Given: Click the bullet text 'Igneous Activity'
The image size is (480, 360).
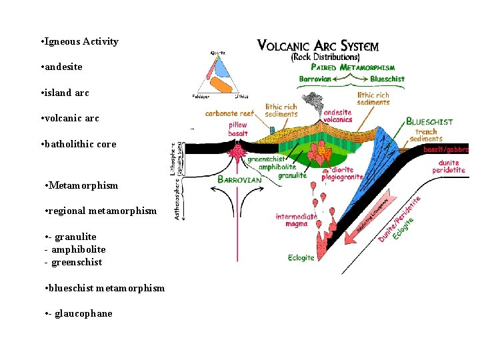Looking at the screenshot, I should (81, 41).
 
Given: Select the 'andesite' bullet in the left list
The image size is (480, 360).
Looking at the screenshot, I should (65, 67).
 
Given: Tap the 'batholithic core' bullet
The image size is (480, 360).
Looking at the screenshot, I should (79, 144).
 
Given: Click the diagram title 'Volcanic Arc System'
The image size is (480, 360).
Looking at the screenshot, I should (317, 46).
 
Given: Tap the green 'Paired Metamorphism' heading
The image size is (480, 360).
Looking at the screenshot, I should (353, 67).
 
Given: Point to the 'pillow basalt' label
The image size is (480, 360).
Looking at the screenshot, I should (237, 129).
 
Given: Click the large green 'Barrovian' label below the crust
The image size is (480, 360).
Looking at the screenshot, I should (240, 180).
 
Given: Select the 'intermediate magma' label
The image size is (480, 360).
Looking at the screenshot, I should (296, 220).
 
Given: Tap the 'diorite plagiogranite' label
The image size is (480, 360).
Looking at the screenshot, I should (342, 173).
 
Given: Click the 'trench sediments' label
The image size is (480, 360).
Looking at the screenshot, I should (425, 135).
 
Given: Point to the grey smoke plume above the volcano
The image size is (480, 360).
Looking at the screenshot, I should (310, 104).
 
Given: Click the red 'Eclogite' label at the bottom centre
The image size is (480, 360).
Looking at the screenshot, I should (301, 258).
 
